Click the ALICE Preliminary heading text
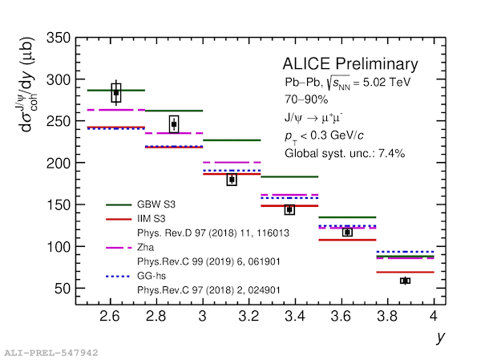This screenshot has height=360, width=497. [350, 64]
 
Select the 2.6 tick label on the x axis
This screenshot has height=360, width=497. [110, 316]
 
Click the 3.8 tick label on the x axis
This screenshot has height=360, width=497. [387, 316]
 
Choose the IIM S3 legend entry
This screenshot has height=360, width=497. [155, 218]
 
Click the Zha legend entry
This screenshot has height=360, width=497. [146, 247]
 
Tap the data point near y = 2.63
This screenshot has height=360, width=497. [116, 93]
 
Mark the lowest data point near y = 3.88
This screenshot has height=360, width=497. [405, 281]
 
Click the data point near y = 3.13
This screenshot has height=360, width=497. [232, 180]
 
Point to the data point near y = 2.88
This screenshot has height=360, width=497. [174, 123]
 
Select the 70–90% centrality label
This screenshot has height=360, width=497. [305, 99]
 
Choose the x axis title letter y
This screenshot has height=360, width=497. [439, 338]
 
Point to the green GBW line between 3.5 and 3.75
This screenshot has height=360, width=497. [347, 217]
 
